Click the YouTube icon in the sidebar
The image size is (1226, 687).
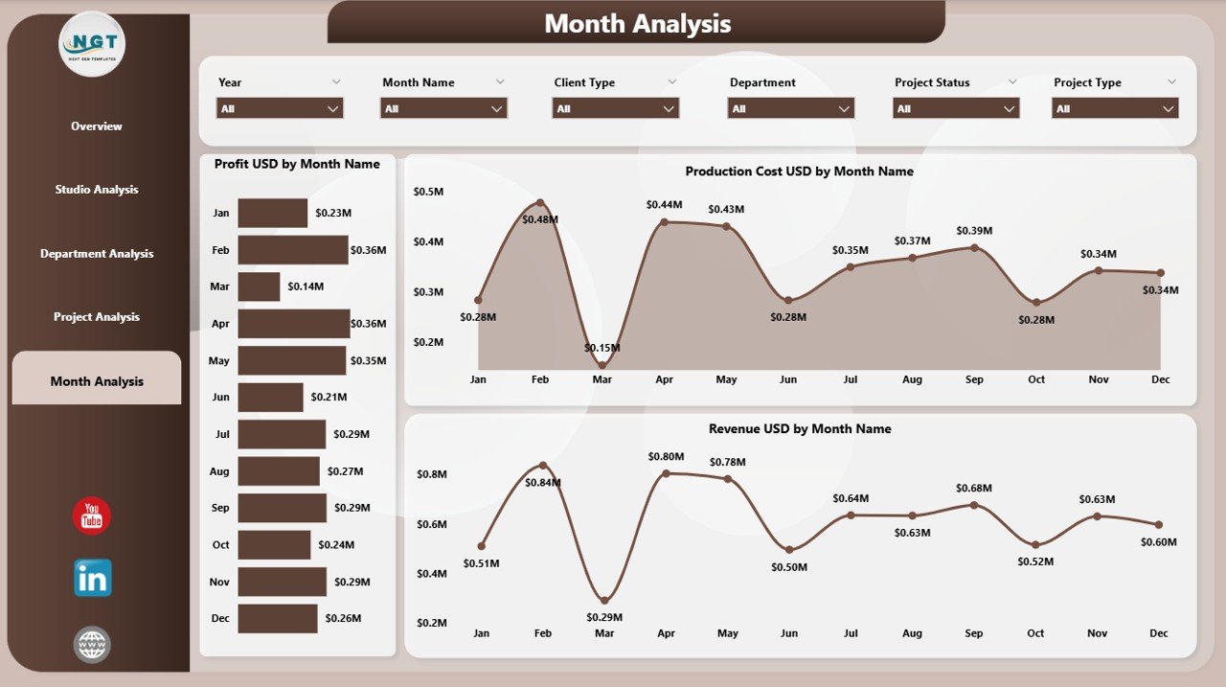click(92, 516)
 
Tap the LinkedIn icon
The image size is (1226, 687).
click(93, 578)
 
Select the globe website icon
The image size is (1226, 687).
click(93, 644)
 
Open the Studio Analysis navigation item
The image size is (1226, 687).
click(97, 190)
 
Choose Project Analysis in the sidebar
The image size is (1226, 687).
click(97, 317)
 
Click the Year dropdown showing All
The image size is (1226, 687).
click(280, 109)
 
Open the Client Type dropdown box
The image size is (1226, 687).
click(616, 109)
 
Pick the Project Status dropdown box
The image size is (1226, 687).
click(956, 109)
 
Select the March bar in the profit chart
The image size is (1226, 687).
click(259, 286)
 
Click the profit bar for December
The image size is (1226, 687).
click(278, 618)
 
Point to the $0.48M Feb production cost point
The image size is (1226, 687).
click(540, 203)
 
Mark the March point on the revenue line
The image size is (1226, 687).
click(604, 601)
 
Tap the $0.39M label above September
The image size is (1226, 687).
click(974, 231)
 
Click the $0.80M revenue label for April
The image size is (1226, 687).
click(666, 456)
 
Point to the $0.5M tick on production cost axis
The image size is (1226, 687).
click(428, 192)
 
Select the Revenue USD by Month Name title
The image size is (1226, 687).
click(800, 429)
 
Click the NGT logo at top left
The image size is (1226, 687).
click(92, 44)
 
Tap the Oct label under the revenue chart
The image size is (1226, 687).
click(1035, 633)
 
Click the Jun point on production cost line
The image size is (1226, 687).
click(788, 301)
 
